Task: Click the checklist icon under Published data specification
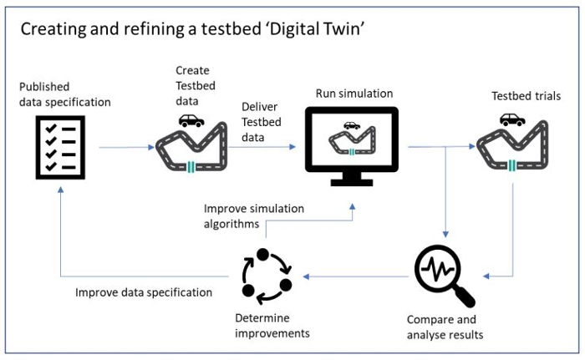click(60, 147)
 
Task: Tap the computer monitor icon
click(352, 146)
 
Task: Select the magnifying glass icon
click(444, 275)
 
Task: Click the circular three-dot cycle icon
click(267, 276)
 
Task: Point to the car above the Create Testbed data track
click(191, 120)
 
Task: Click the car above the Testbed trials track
click(512, 119)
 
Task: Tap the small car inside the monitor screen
click(352, 125)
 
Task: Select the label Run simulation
click(354, 94)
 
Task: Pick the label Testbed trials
click(526, 96)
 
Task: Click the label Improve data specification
click(144, 292)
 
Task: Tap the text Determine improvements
click(272, 325)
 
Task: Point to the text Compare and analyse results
click(445, 327)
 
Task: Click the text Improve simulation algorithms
click(254, 216)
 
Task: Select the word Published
click(44, 87)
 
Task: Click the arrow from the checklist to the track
click(126, 147)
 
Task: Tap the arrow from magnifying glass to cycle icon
click(355, 276)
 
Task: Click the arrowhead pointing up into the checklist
click(60, 190)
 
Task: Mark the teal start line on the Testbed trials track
click(511, 165)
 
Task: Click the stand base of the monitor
click(352, 182)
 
